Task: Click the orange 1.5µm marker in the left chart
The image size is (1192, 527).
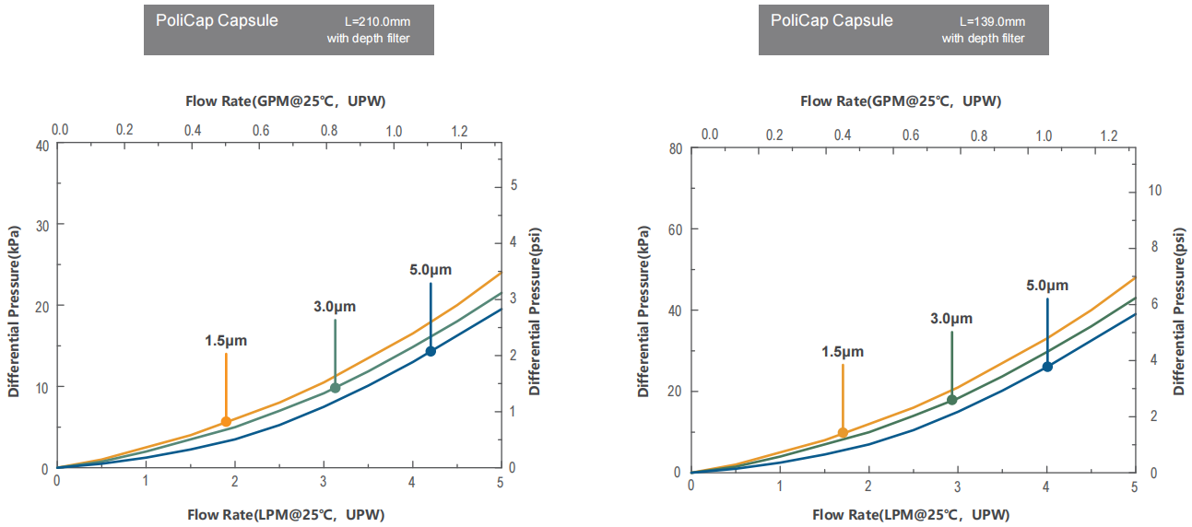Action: pyautogui.click(x=226, y=422)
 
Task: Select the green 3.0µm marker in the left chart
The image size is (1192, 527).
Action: pyautogui.click(x=335, y=388)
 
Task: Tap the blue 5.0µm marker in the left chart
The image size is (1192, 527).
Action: pyautogui.click(x=431, y=351)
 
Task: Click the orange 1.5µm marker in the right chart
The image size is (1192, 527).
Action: pyautogui.click(x=843, y=433)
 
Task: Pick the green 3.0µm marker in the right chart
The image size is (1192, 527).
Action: pyautogui.click(x=951, y=400)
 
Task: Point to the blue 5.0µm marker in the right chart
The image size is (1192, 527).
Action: pyautogui.click(x=1047, y=367)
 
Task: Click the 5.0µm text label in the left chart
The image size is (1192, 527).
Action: pyautogui.click(x=431, y=270)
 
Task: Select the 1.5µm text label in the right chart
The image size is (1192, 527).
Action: pyautogui.click(x=843, y=351)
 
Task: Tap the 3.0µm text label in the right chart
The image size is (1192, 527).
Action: pyautogui.click(x=951, y=319)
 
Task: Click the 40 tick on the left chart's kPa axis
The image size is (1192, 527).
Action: pyautogui.click(x=42, y=145)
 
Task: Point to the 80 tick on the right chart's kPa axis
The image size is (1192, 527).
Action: pyautogui.click(x=676, y=149)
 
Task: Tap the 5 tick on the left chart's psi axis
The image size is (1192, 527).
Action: pyautogui.click(x=513, y=185)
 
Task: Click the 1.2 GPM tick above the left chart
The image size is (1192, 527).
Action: pyautogui.click(x=458, y=131)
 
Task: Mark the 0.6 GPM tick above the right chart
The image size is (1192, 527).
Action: pyautogui.click(x=911, y=135)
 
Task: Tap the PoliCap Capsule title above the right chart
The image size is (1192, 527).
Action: pyautogui.click(x=832, y=20)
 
